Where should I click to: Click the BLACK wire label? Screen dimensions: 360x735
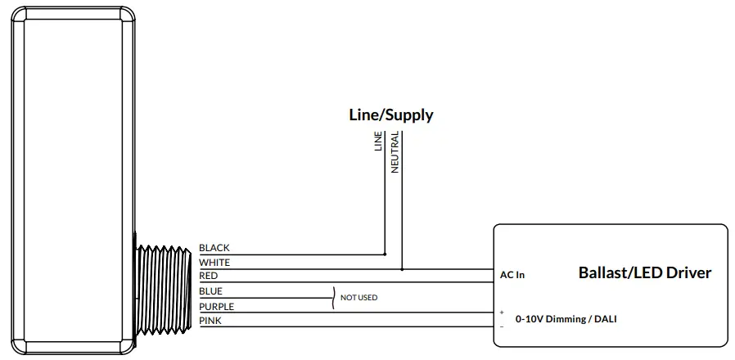[214, 248]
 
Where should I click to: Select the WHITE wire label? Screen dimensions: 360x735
[214, 263]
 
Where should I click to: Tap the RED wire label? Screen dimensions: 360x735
[208, 277]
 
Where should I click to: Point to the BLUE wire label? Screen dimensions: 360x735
[210, 291]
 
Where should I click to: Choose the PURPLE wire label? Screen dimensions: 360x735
[216, 307]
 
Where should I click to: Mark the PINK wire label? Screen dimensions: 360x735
[210, 321]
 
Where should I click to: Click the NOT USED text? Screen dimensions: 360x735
[358, 298]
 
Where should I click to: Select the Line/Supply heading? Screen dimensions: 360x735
[391, 115]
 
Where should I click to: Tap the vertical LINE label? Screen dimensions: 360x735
[378, 142]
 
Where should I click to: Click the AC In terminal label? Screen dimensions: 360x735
[512, 275]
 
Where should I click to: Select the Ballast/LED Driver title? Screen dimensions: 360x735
[645, 272]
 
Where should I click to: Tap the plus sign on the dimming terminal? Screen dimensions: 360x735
[501, 313]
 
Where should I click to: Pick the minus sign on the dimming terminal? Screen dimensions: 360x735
[501, 326]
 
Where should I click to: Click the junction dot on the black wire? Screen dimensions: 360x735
[385, 254]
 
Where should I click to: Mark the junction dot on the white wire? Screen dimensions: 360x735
[401, 268]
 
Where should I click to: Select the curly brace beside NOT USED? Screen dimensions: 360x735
[334, 298]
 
